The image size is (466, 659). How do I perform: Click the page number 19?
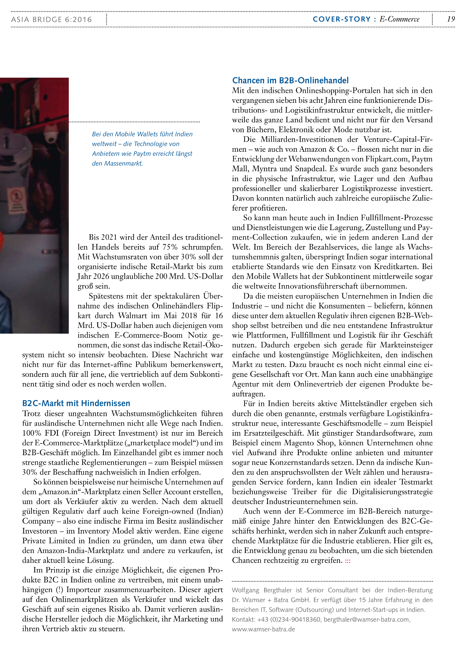pos(451,19)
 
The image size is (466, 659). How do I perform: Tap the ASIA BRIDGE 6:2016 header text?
pos(52,20)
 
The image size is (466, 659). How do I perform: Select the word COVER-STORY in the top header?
pos(341,19)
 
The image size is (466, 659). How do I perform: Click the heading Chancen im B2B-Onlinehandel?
pos(290,80)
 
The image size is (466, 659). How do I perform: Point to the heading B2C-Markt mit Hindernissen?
pos(76,403)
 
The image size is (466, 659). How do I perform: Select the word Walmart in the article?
pos(134,316)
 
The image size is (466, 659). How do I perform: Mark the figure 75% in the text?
pos(170,247)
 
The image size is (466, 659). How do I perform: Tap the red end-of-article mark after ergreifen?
pos(347,561)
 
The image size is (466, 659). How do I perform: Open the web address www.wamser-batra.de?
pos(263,629)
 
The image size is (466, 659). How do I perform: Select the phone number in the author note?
pos(289,619)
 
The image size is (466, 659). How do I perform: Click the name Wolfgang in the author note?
pos(245,590)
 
